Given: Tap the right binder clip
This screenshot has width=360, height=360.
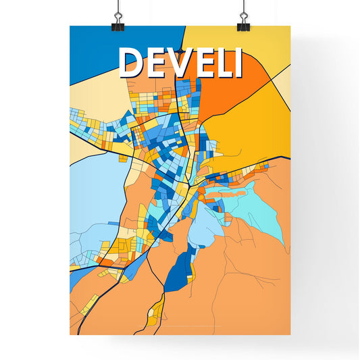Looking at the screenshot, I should click(x=242, y=24).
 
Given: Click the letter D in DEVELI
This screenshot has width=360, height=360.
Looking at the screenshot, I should click(x=132, y=63).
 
